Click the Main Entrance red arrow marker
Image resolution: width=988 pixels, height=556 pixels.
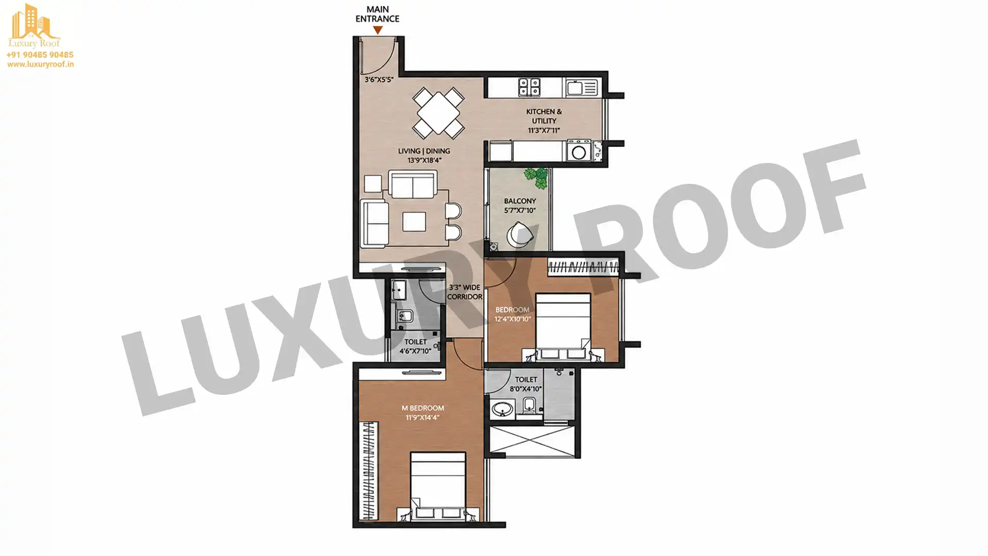[x=378, y=30]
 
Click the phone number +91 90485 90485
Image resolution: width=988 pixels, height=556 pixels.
[x=40, y=55]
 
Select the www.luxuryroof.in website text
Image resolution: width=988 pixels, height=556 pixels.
[x=40, y=64]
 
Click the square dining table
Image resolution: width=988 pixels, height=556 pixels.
[x=438, y=113]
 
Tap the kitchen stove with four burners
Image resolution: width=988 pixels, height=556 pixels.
[x=529, y=87]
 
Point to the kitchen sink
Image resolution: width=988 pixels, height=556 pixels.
[x=582, y=88]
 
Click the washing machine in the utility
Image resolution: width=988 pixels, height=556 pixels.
[x=579, y=152]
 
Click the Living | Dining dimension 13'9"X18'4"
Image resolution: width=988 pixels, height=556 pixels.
[x=425, y=161]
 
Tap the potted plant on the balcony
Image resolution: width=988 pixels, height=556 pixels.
[x=537, y=178]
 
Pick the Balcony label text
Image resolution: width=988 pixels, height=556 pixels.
[x=520, y=201]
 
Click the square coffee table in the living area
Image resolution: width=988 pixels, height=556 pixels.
[x=414, y=222]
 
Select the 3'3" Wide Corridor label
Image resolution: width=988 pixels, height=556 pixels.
[x=465, y=292]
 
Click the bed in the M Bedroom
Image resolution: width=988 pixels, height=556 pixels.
[x=438, y=486]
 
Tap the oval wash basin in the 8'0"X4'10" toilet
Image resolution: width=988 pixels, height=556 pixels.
[x=500, y=410]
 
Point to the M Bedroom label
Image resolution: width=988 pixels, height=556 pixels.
[x=422, y=408]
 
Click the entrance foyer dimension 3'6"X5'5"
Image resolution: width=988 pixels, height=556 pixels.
[x=379, y=80]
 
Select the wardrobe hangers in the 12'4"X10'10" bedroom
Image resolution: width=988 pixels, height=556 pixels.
[x=583, y=267]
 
